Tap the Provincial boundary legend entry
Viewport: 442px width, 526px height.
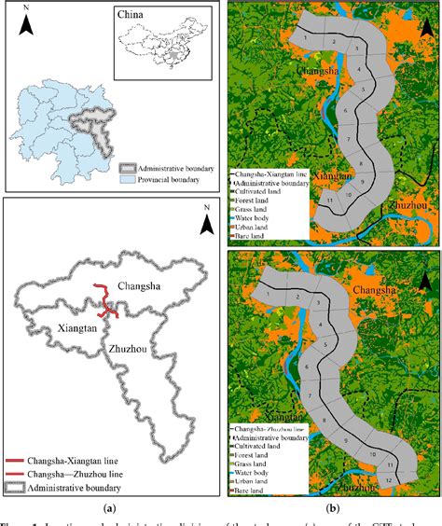163,179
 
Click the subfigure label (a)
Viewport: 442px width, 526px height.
110,510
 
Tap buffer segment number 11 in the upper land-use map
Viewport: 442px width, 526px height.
330,201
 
